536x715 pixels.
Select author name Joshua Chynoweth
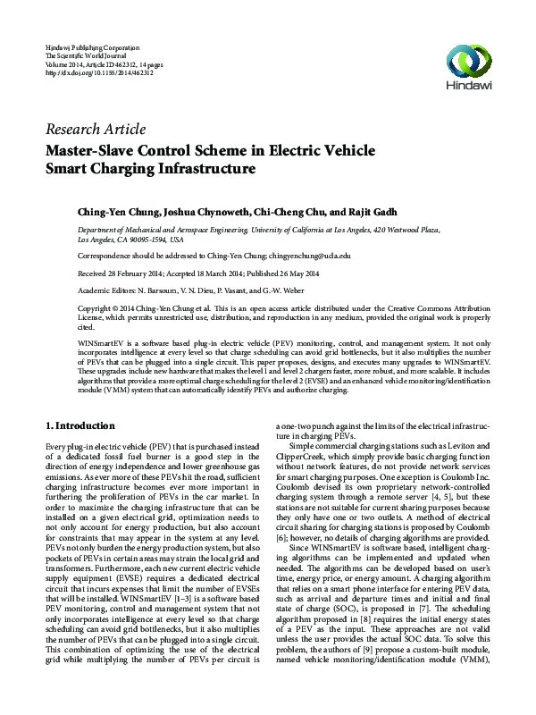(x=203, y=213)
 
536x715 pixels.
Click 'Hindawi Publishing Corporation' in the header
(x=91, y=46)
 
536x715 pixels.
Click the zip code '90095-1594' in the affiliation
(x=147, y=240)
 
